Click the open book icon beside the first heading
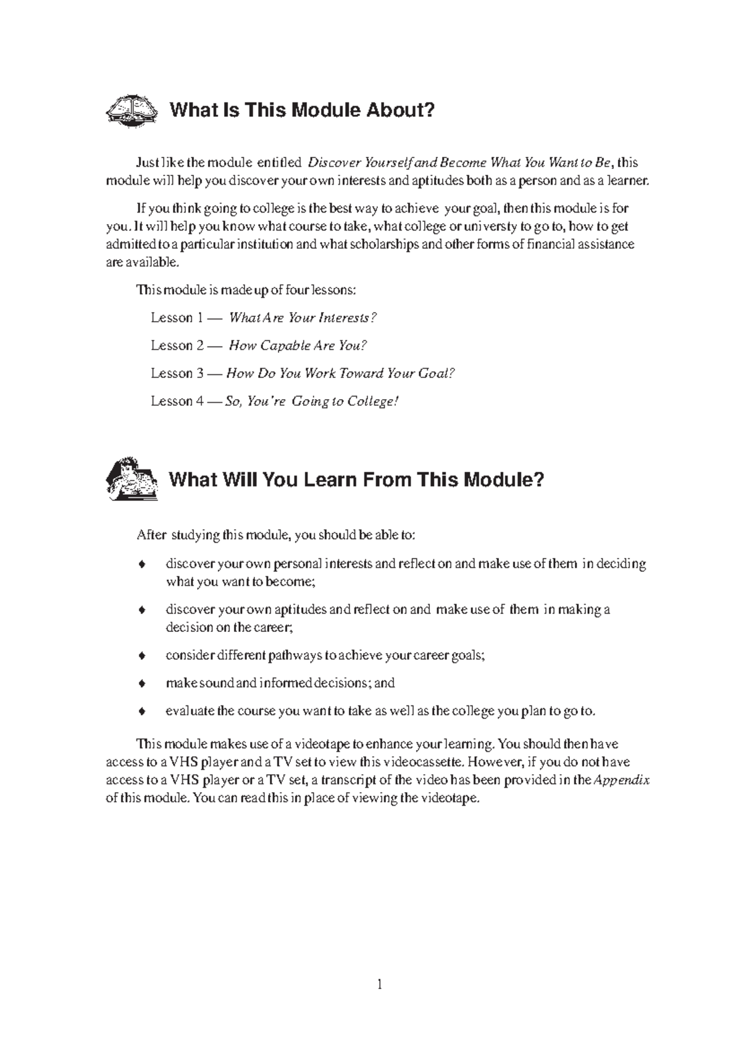[132, 111]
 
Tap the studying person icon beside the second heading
[130, 479]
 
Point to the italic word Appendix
[622, 780]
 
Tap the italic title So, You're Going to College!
[312, 402]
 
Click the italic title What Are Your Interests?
[303, 318]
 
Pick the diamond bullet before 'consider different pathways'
[142, 656]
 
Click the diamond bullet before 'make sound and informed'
[142, 684]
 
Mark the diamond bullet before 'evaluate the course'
[142, 712]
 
